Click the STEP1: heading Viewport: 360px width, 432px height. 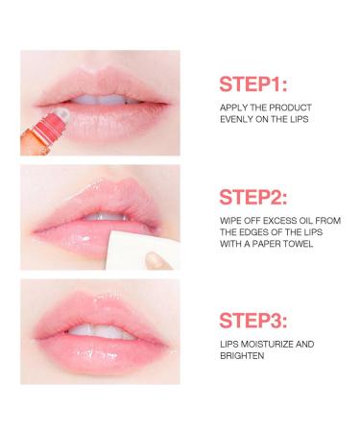point(253,84)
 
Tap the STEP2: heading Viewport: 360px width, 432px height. point(253,197)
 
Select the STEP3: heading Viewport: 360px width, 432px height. point(253,321)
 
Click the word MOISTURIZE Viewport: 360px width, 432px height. point(266,345)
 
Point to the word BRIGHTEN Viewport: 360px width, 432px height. point(242,356)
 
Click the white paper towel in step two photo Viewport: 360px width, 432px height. point(141,251)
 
